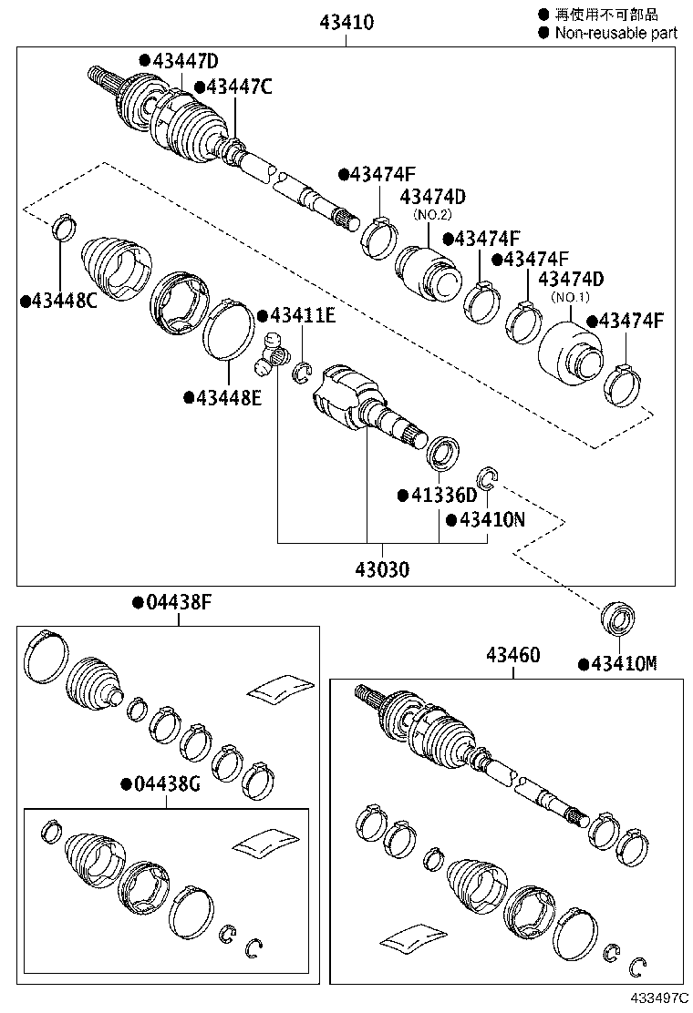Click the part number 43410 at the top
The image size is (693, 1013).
(346, 23)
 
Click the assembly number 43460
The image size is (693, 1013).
(512, 655)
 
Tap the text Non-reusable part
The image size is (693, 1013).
(613, 33)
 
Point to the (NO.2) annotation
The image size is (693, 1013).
(433, 214)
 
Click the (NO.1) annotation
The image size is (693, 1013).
(572, 296)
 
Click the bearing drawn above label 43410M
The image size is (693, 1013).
(618, 619)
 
